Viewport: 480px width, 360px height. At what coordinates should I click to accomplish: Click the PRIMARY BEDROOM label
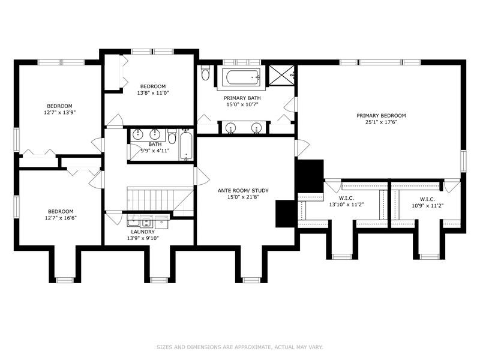click(x=381, y=116)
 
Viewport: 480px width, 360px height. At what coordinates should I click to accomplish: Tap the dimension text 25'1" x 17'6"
click(x=381, y=123)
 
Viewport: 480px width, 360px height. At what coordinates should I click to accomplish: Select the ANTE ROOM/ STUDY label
click(x=243, y=191)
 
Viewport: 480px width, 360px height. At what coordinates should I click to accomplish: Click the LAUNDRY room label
click(x=143, y=232)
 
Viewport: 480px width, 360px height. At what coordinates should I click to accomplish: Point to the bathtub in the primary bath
click(x=243, y=78)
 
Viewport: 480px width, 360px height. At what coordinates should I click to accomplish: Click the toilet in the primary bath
click(x=205, y=74)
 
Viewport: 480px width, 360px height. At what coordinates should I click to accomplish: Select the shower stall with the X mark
click(x=279, y=76)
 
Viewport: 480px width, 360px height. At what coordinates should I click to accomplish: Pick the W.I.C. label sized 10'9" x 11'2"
click(x=427, y=199)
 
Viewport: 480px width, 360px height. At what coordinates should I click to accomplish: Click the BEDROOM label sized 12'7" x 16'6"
click(x=61, y=211)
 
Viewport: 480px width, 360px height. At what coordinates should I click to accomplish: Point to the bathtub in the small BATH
click(x=186, y=145)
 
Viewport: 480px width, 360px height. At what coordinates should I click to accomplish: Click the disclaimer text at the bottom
click(x=240, y=347)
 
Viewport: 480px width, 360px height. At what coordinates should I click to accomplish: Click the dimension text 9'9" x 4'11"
click(x=155, y=151)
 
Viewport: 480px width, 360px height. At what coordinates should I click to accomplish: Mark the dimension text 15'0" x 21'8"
click(x=243, y=197)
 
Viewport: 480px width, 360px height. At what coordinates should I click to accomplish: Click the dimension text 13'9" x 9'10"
click(x=143, y=238)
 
